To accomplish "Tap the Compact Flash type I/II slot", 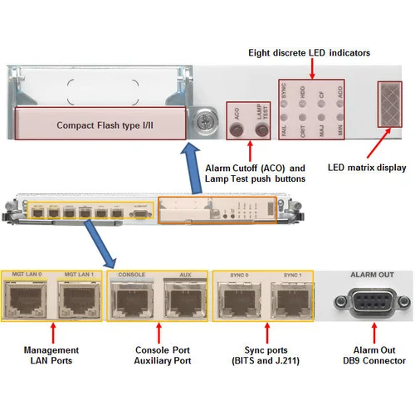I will [x=97, y=126].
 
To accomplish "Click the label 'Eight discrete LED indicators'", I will [x=309, y=53].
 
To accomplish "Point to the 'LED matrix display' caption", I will [x=368, y=166].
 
